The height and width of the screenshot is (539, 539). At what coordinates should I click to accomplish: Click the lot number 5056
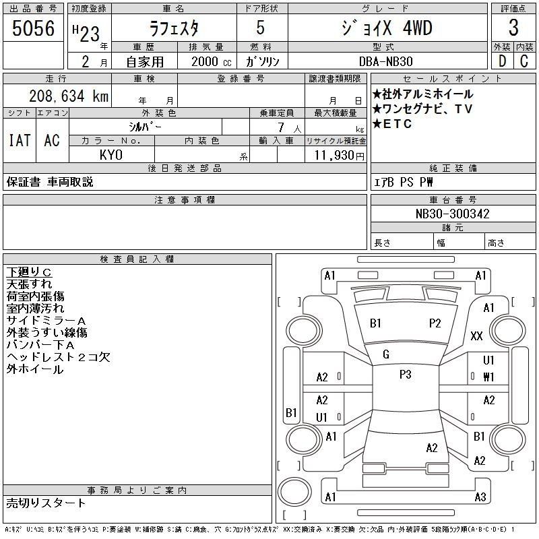[33, 28]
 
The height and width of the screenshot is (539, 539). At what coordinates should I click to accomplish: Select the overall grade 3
[513, 28]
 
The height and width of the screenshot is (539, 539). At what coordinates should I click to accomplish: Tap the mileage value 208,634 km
[69, 96]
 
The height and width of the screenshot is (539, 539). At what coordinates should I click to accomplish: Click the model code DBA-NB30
[385, 61]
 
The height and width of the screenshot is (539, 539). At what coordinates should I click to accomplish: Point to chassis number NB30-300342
[452, 214]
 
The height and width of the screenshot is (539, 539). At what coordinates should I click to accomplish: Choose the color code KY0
[111, 155]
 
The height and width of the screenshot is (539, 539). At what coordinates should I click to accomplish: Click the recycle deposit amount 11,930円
[339, 156]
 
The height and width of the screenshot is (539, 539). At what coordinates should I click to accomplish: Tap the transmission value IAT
[20, 140]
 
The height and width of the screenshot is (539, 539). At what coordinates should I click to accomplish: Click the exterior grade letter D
[502, 61]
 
